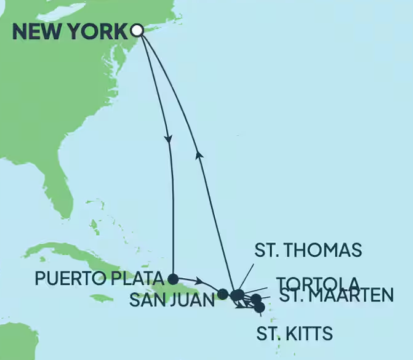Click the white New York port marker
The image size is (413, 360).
137,30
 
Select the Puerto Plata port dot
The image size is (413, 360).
174,278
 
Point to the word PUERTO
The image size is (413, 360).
65,279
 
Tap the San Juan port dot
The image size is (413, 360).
222,294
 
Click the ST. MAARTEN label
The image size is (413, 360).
337,295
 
